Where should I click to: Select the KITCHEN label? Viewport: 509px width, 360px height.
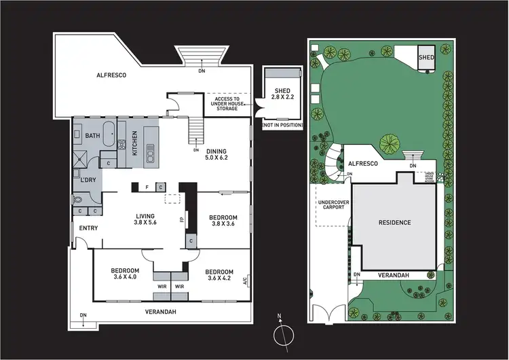pos(134,143)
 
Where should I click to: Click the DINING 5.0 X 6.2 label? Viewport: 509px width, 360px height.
pos(217,155)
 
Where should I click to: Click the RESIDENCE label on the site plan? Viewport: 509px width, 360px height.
pos(395,222)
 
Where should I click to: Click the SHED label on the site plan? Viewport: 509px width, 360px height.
pos(426,58)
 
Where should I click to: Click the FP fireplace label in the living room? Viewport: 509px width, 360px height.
pos(181,220)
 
